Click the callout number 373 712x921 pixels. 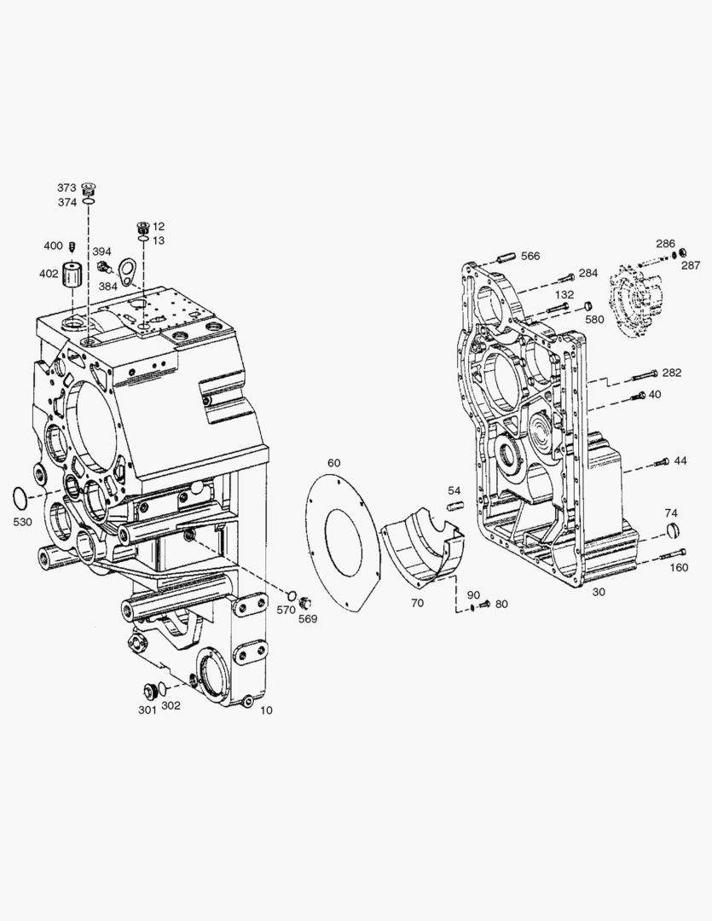point(67,188)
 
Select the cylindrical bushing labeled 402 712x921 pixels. point(72,276)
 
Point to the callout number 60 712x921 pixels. point(333,463)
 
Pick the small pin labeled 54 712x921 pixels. point(454,507)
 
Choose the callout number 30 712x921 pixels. point(599,593)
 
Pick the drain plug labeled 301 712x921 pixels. point(152,690)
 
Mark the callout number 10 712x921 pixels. point(266,710)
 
